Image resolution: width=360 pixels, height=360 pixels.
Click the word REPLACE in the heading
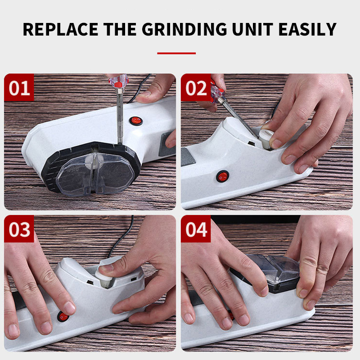pos(60,29)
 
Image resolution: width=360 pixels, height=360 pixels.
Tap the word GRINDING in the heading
pos(184,29)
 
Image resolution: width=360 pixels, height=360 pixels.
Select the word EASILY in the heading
pos(307,29)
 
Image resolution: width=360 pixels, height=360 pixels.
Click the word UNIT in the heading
pos(252,29)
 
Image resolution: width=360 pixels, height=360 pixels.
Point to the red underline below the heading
pos(176,53)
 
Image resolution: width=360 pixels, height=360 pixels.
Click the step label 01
pos(19,88)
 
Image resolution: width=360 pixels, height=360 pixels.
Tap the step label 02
pos(196,88)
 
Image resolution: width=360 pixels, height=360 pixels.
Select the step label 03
pos(19,229)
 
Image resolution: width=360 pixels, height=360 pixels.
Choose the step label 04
pos(196,229)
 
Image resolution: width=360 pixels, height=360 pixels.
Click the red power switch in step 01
pos(136,121)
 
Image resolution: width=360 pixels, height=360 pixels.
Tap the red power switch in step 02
pos(223,176)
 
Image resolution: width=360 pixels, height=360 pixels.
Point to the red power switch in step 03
pos(63,317)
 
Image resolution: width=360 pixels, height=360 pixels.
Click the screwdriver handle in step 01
pos(119,81)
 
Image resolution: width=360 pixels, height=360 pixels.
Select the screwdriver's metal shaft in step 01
pos(120,117)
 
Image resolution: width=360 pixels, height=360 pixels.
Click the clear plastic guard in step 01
pos(95,173)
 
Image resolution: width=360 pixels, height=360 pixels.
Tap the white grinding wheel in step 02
pos(266,139)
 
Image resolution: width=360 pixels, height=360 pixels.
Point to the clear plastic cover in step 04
pos(275,269)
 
